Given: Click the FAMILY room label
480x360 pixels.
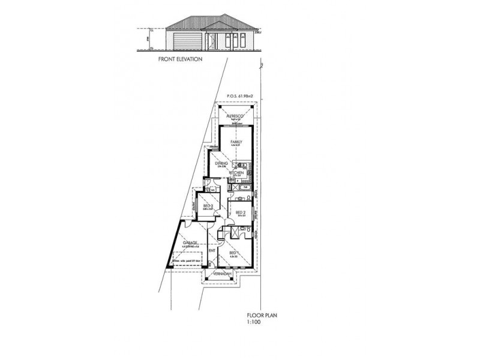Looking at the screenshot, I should click(x=235, y=142).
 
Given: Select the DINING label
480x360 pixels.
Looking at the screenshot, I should click(x=220, y=163).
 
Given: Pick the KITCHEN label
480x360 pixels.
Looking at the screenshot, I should click(x=235, y=173).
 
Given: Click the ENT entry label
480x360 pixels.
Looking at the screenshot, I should click(x=211, y=250).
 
